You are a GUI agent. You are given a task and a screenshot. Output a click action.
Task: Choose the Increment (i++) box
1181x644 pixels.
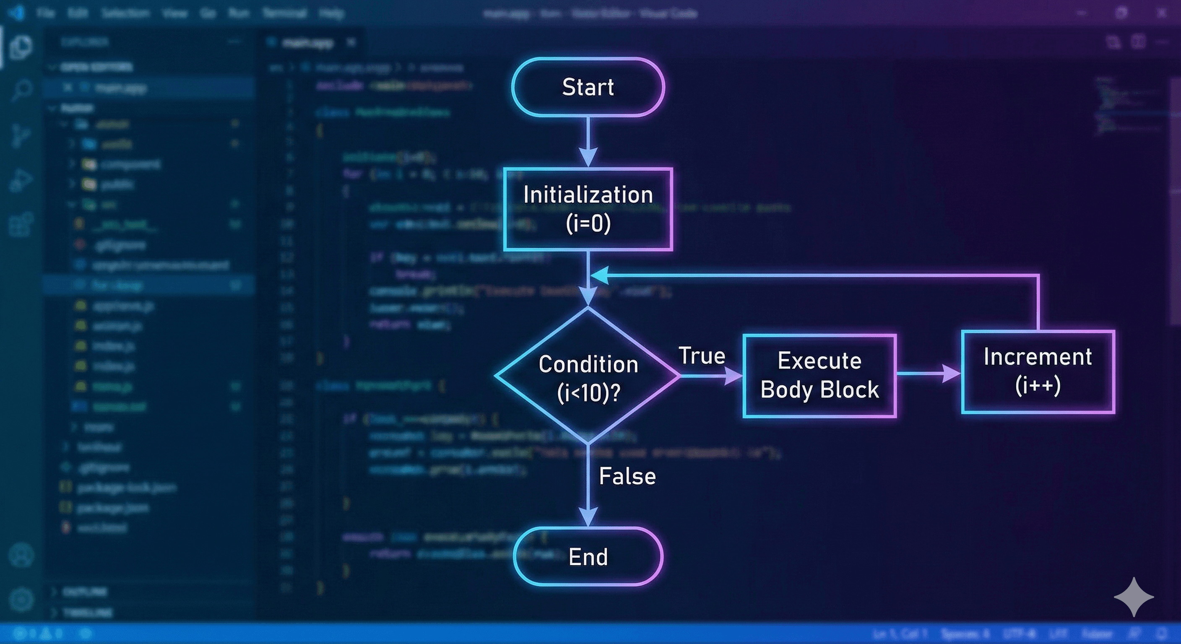click(x=1038, y=371)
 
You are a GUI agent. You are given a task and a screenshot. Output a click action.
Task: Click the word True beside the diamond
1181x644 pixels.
click(x=702, y=356)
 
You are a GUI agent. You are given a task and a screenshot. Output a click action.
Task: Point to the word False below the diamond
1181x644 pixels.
click(x=627, y=477)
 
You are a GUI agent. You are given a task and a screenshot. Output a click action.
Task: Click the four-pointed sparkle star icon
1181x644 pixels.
click(x=1134, y=597)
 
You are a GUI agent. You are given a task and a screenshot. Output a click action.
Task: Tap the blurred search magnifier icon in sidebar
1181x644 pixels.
click(x=21, y=90)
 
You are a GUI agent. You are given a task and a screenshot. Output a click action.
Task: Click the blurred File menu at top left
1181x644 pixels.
click(x=45, y=13)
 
